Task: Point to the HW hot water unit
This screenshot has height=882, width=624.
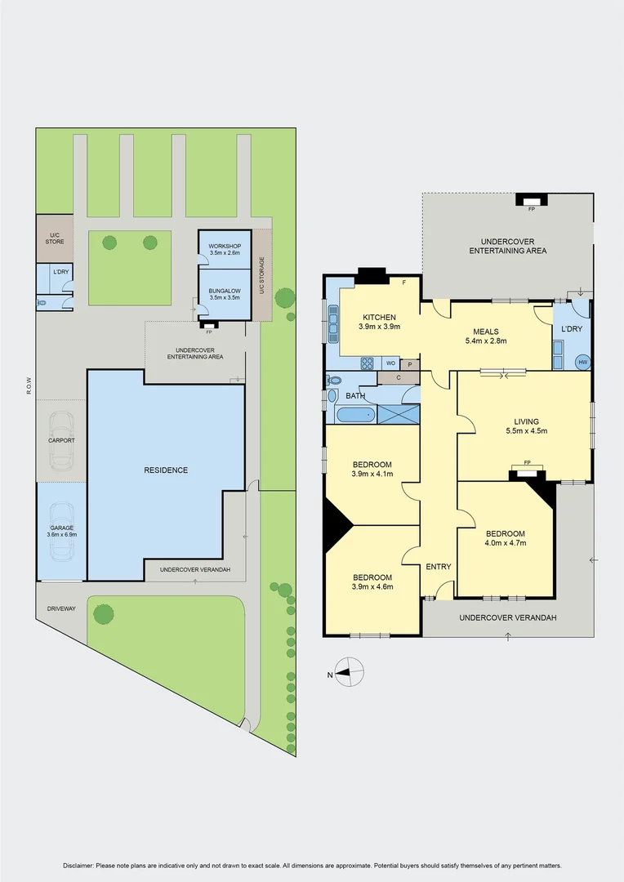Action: pyautogui.click(x=582, y=362)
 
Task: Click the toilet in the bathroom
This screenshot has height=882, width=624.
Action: pyautogui.click(x=333, y=381)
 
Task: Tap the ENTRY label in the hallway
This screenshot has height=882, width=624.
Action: pyautogui.click(x=438, y=567)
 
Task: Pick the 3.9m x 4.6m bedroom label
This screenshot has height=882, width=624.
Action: pyautogui.click(x=372, y=581)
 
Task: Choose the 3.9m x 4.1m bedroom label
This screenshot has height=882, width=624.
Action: pyautogui.click(x=372, y=469)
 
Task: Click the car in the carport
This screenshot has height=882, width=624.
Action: pyautogui.click(x=61, y=440)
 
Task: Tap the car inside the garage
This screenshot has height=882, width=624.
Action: pyautogui.click(x=61, y=531)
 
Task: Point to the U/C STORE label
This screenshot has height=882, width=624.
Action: pyautogui.click(x=54, y=238)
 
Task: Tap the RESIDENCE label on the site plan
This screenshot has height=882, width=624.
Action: pyautogui.click(x=166, y=470)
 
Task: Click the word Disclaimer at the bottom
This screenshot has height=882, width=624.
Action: pyautogui.click(x=79, y=866)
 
